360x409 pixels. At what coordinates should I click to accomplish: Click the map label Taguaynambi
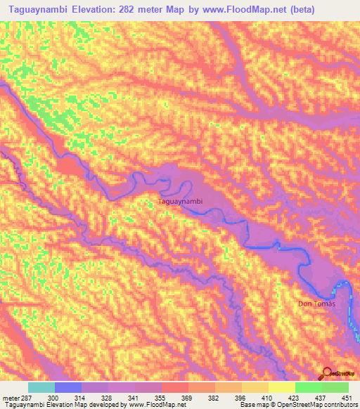[181, 202]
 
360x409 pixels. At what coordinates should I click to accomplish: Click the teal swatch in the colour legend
[41, 387]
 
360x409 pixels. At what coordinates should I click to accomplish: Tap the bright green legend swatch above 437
[309, 387]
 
